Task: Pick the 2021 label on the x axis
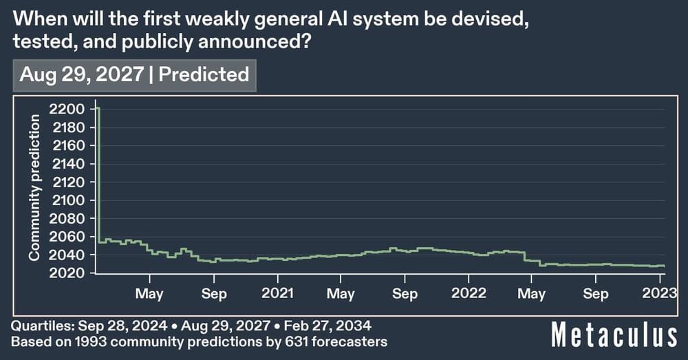[x=278, y=294]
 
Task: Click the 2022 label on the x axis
[x=469, y=294]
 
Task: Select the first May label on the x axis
[x=149, y=294]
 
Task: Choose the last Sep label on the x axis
[x=595, y=294]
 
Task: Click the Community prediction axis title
[x=34, y=187]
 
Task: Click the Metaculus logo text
[x=614, y=337]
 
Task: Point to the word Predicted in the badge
[x=204, y=74]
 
